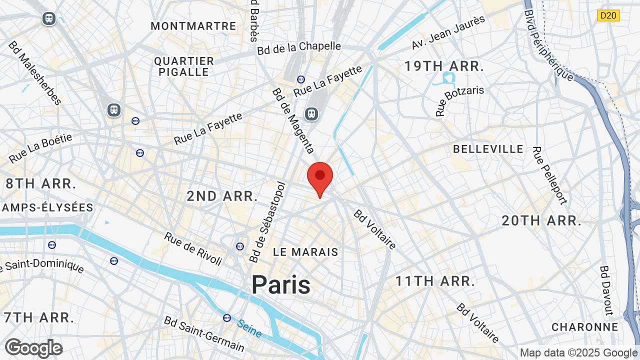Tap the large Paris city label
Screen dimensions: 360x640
281,284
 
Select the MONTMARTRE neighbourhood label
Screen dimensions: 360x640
193,26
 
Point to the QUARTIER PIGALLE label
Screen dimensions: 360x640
184,66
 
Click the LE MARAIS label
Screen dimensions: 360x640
306,252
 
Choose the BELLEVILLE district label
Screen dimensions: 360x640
488,149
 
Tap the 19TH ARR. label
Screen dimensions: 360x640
444,66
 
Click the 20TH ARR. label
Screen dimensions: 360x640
541,220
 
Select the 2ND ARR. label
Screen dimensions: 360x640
222,196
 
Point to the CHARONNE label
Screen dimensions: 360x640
584,327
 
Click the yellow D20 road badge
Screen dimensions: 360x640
608,15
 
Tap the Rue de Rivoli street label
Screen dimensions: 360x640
193,248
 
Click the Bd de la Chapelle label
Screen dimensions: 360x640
299,48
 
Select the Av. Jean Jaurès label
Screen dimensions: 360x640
448,32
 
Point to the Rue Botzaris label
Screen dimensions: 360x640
459,101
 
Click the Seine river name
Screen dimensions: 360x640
249,328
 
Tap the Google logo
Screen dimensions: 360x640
33,348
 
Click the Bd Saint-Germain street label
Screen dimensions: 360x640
204,333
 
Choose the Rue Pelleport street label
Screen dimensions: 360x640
549,175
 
